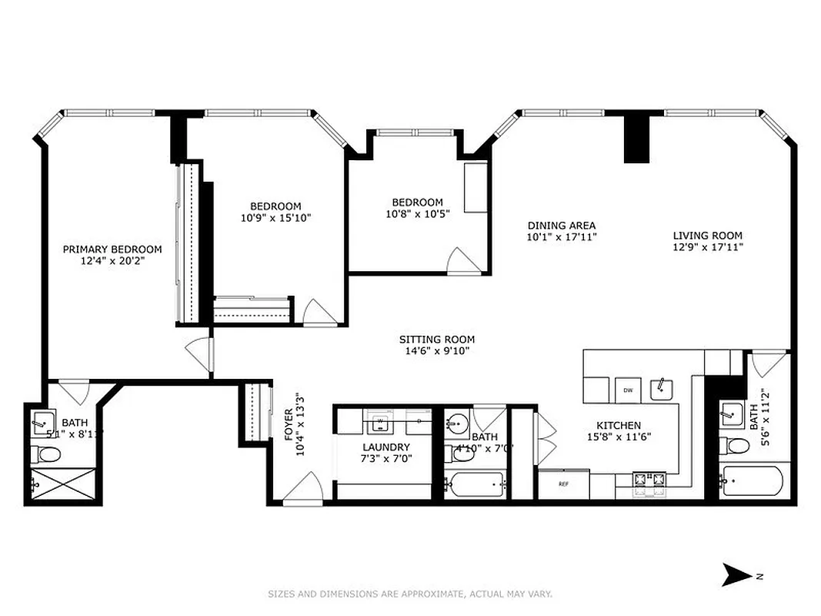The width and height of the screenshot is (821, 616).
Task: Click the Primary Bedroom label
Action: (112, 249)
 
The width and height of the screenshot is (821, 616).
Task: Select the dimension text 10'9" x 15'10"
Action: (275, 217)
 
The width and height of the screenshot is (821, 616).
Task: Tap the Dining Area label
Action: (561, 226)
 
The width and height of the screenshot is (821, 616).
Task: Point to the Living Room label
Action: (707, 236)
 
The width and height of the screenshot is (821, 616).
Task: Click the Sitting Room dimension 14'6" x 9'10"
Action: (436, 350)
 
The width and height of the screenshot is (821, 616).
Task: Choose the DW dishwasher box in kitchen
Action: (628, 390)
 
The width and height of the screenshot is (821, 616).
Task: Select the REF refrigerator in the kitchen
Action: (563, 484)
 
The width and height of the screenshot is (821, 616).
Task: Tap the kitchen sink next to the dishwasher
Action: (661, 389)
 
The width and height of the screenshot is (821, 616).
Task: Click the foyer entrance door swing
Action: (304, 490)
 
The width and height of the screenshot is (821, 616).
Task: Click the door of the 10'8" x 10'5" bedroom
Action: (465, 262)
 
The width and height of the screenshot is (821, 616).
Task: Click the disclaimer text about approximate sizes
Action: (409, 594)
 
